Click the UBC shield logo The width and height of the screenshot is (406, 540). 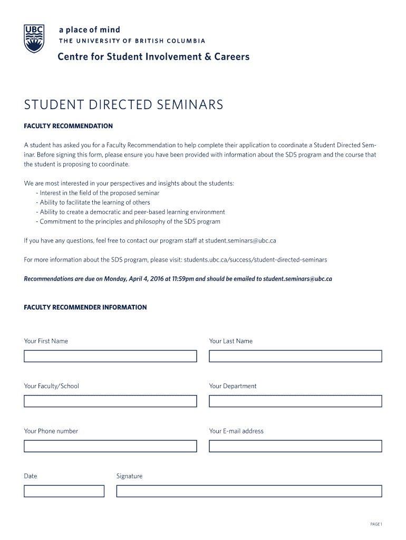click(34, 38)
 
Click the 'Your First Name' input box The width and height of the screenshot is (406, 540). click(110, 356)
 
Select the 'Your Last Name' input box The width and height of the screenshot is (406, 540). click(295, 356)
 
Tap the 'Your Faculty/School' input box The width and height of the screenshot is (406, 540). click(110, 401)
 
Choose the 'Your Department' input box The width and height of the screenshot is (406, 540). click(295, 401)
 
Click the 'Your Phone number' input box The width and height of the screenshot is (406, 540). click(110, 446)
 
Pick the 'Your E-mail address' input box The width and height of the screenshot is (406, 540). click(295, 446)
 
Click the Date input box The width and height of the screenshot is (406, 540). click(64, 491)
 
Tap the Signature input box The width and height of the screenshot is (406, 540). click(249, 491)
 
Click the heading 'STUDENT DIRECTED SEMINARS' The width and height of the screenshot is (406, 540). click(123, 105)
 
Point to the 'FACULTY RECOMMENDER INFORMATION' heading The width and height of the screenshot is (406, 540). click(85, 307)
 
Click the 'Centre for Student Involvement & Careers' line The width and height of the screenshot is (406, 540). click(153, 56)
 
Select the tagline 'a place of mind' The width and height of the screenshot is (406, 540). click(89, 30)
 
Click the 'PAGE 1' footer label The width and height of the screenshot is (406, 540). click(376, 524)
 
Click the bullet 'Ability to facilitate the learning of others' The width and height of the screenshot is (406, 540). click(95, 202)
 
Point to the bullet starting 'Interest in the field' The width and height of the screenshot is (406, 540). click(100, 193)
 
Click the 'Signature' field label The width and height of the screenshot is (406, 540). click(129, 476)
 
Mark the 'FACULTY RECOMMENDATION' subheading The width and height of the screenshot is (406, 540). click(69, 126)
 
